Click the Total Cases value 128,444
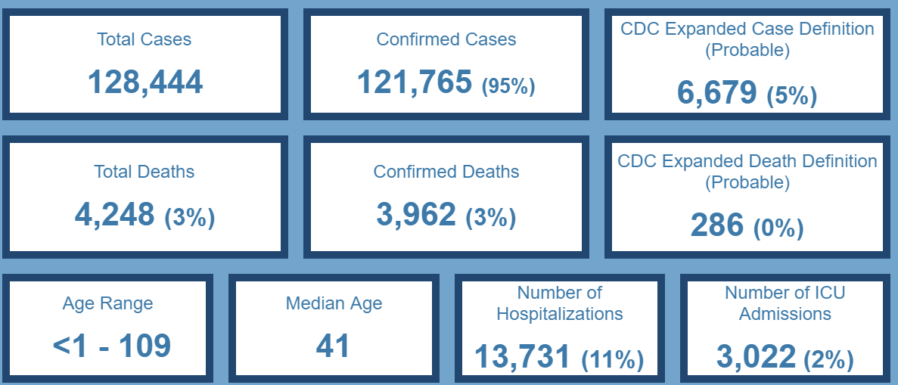pos(145,82)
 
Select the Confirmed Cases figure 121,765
pos(415,82)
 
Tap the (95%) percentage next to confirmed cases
pos(508,86)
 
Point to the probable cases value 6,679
pos(716,92)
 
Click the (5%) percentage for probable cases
pos(791,96)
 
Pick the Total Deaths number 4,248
pos(114,215)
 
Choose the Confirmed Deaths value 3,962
pos(416,215)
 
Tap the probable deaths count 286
pos(717,225)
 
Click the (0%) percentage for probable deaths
pos(778,228)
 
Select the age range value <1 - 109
pos(112,346)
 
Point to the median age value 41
pos(333,346)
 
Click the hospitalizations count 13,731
pos(522,357)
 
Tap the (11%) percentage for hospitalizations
pos(612,360)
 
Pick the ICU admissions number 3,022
pos(756,357)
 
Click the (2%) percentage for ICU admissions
pos(828,360)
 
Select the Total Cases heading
pos(144,39)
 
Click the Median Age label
pos(334,304)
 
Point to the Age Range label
pos(107,304)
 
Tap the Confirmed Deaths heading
pos(446,172)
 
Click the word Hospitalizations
pos(560,314)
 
